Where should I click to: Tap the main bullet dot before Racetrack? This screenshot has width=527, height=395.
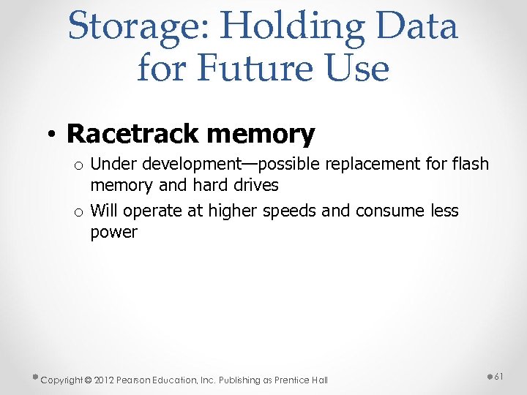point(54,134)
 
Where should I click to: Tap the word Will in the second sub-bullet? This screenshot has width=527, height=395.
point(104,211)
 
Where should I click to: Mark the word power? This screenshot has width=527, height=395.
point(113,233)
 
